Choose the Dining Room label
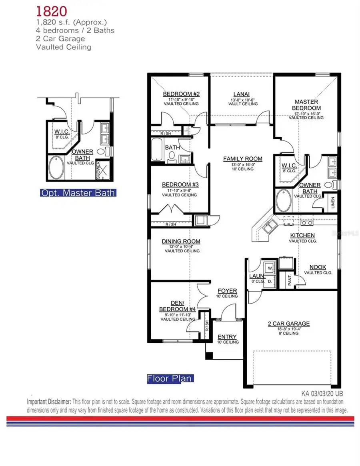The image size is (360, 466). [181, 241]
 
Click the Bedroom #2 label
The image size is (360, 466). [181, 94]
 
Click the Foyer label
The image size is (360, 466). [227, 290]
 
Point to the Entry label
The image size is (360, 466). [227, 336]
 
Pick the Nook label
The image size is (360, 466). [318, 267]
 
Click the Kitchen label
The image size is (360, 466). [302, 235]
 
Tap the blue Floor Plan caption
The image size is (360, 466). [170, 378]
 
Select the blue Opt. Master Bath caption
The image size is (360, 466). [78, 193]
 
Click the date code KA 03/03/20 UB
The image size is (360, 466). [322, 394]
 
